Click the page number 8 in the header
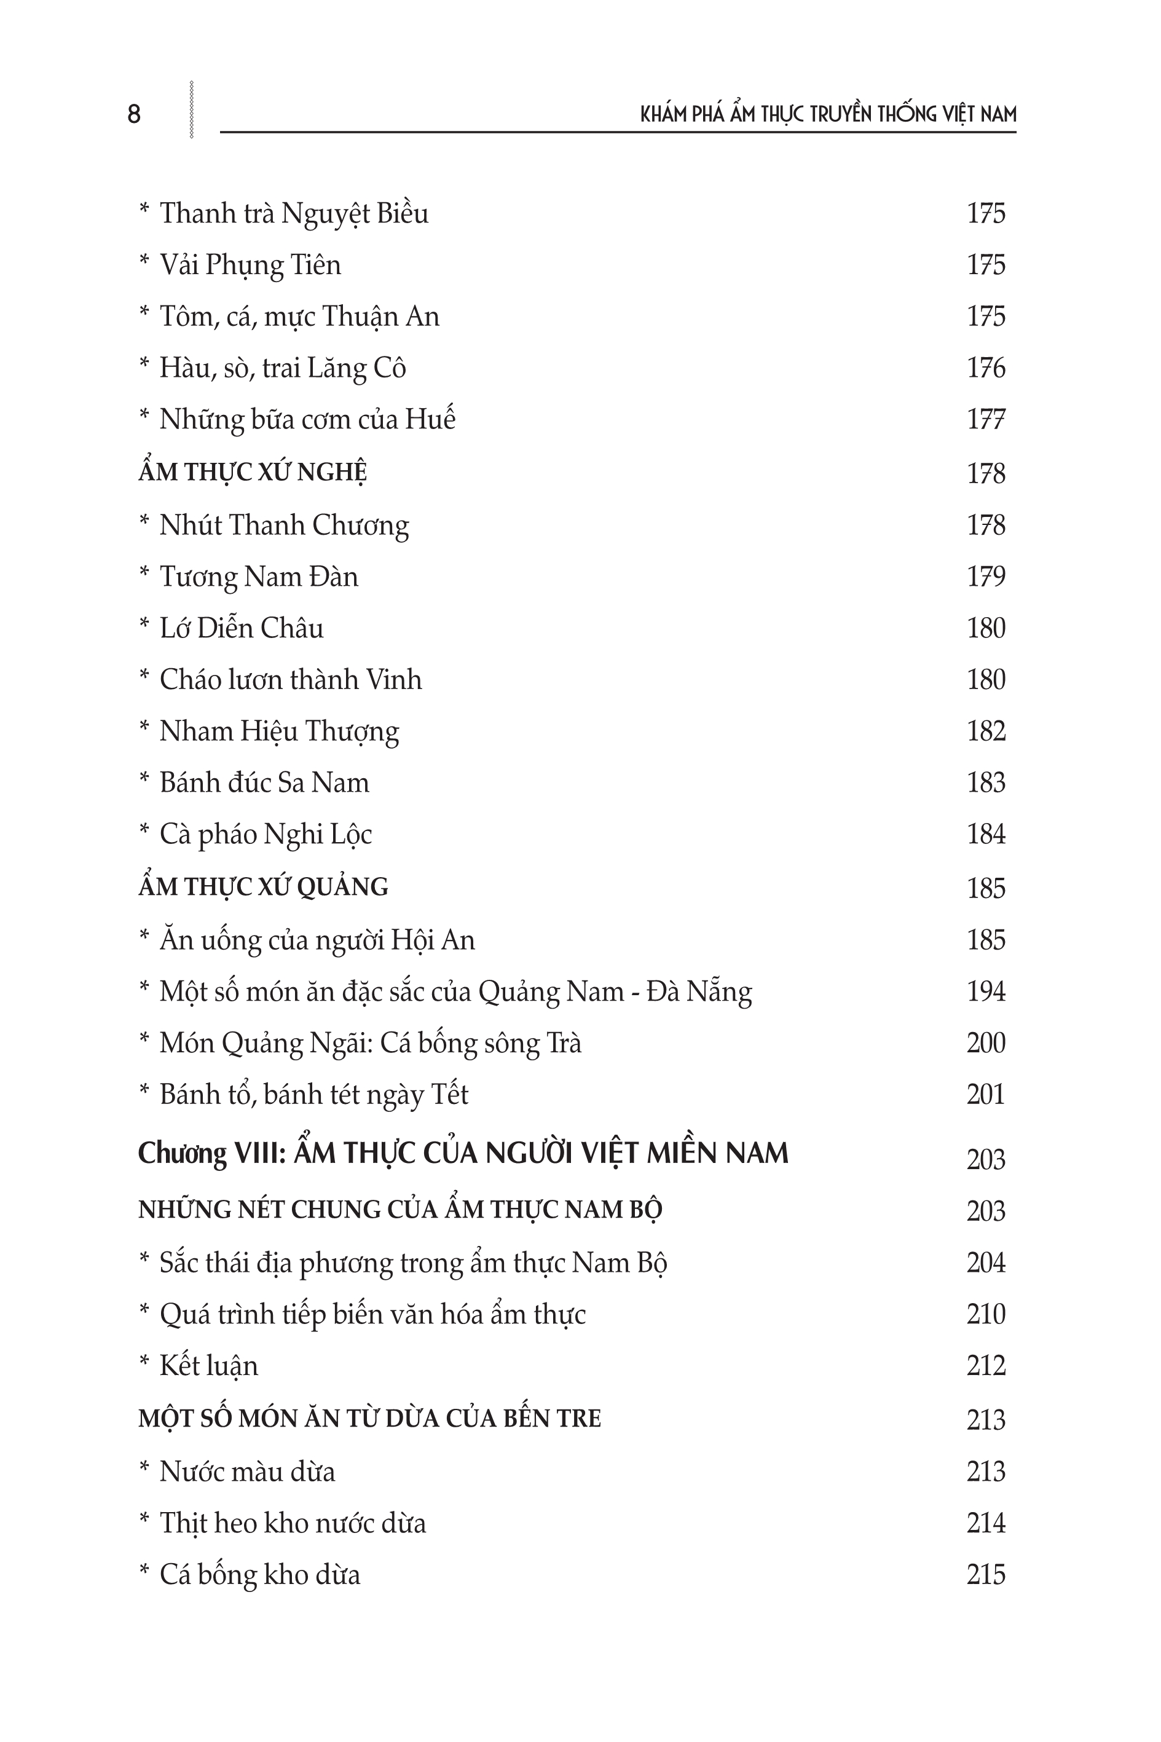coord(134,114)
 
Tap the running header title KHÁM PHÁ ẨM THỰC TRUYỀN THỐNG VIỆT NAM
coord(828,114)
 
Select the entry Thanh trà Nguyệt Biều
coord(294,213)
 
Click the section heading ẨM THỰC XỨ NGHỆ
coord(253,472)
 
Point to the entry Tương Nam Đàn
coord(258,577)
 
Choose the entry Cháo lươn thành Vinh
coord(290,680)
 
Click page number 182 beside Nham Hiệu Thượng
coord(985,731)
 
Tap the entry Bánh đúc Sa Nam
coord(264,782)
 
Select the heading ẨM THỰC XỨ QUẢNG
coord(263,887)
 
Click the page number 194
coord(985,991)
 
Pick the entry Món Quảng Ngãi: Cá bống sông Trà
coord(370,1043)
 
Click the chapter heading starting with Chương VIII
coord(463,1153)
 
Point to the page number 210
coord(985,1314)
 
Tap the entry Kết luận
coord(209,1366)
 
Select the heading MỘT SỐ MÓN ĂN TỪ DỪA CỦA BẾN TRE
coord(369,1419)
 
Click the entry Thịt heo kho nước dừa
coord(293,1523)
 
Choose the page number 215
coord(985,1575)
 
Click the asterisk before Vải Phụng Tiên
coord(144,263)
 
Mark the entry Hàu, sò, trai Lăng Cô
coord(282,369)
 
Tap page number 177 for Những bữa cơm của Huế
coord(985,420)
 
